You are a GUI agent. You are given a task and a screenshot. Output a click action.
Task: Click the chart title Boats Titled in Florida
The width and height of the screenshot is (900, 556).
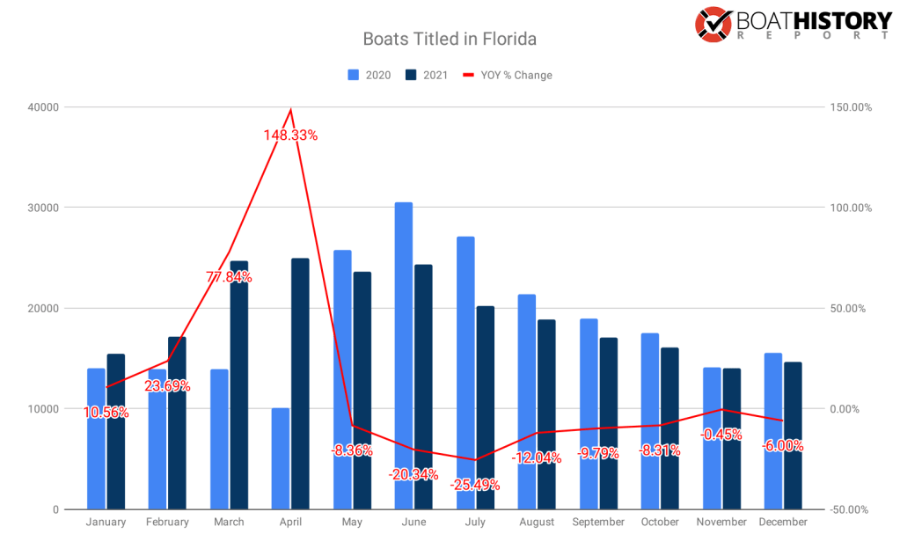coord(450,40)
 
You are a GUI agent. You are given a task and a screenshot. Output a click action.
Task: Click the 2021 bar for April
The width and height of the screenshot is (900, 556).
coord(300,384)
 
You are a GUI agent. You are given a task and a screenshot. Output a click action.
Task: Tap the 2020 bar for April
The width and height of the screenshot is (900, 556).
coord(281,458)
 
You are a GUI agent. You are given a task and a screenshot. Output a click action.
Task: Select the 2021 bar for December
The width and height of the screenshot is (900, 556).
coord(794,435)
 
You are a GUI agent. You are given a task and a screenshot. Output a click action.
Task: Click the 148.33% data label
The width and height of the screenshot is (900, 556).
coord(290,135)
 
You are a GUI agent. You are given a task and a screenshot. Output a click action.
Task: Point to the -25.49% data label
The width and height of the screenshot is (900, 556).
coord(475,485)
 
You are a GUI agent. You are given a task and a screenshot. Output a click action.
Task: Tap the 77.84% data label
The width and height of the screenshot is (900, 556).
coord(230,277)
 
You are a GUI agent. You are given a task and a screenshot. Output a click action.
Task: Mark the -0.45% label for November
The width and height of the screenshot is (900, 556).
coord(721,435)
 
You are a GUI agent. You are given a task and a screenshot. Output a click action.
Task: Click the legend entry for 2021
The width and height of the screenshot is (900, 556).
coord(426,75)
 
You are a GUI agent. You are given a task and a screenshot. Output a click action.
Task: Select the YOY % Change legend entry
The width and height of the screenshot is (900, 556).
coord(508,75)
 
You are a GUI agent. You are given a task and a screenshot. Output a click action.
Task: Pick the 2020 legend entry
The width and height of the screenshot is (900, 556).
coord(370,75)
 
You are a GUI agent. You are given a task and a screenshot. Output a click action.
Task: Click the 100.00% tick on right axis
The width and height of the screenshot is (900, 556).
coord(849,208)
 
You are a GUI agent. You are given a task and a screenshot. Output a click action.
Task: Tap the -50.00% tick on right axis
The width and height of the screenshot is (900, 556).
coord(849,509)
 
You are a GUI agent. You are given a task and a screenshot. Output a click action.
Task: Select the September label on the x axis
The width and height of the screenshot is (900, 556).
coord(598,522)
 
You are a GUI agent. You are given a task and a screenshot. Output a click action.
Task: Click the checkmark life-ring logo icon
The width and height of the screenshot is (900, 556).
coord(714,25)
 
